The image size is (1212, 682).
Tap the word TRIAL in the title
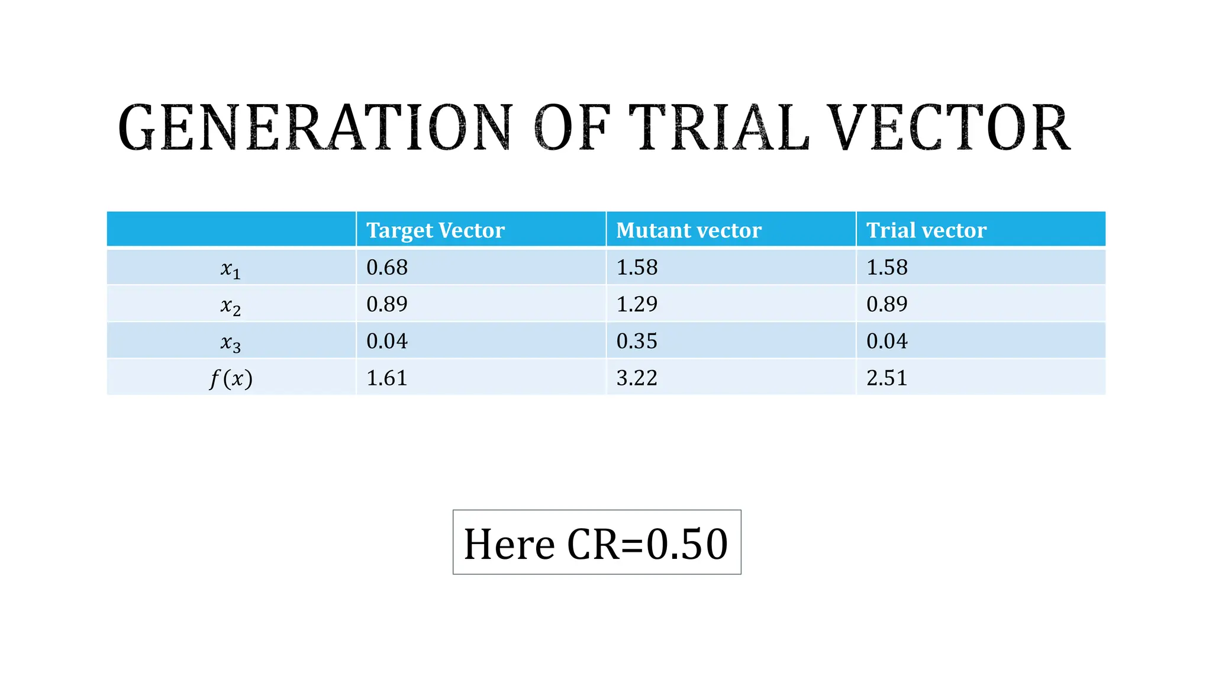pyautogui.click(x=718, y=128)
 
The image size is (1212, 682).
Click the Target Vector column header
pyautogui.click(x=436, y=230)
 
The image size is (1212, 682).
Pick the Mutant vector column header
pyautogui.click(x=689, y=230)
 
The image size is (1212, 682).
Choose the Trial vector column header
pyautogui.click(x=926, y=230)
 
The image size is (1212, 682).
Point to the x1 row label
pyautogui.click(x=230, y=269)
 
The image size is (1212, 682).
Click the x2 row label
pyautogui.click(x=230, y=305)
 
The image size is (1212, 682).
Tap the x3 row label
pyautogui.click(x=230, y=342)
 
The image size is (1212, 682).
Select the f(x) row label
pyautogui.click(x=231, y=378)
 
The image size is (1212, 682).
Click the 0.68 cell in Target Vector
pyautogui.click(x=387, y=268)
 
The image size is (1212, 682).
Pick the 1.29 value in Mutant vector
pyautogui.click(x=637, y=304)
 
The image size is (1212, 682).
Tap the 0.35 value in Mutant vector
pyautogui.click(x=637, y=341)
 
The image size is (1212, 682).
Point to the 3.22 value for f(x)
pyautogui.click(x=637, y=378)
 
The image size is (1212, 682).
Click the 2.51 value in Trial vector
pyautogui.click(x=887, y=378)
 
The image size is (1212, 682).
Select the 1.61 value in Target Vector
pyautogui.click(x=387, y=378)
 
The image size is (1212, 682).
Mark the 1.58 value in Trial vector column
pyautogui.click(x=887, y=268)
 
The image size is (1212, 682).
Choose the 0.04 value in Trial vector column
pyautogui.click(x=887, y=341)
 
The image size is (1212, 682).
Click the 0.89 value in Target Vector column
pyautogui.click(x=387, y=304)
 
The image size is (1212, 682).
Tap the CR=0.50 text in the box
pyautogui.click(x=647, y=544)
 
